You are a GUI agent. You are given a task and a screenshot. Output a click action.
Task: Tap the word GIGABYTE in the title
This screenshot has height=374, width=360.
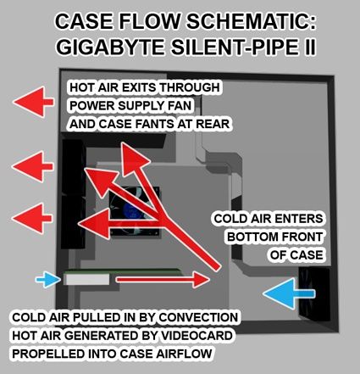coord(110,47)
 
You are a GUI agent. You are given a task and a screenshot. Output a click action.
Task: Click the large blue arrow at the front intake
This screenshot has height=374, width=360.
coord(289,293)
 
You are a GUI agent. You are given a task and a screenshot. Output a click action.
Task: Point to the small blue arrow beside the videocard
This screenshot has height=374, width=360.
coord(48,280)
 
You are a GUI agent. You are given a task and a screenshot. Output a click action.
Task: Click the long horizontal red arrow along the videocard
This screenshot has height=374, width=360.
coord(163,280)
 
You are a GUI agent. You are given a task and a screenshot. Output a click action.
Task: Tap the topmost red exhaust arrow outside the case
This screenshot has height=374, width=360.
coord(33,102)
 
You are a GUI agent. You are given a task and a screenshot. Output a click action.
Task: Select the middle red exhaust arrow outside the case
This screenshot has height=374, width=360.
coord(33,167)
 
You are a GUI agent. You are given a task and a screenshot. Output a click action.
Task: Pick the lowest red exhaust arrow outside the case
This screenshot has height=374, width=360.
coord(32,218)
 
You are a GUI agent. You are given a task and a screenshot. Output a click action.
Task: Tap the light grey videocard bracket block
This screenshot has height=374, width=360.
coord(86,279)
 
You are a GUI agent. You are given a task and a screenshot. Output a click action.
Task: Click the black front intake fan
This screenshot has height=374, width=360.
coord(314,295)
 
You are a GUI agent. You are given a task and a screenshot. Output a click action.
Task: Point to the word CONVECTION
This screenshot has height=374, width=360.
coord(198,317)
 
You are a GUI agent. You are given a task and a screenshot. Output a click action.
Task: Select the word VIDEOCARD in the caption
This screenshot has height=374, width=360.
coord(197,336)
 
